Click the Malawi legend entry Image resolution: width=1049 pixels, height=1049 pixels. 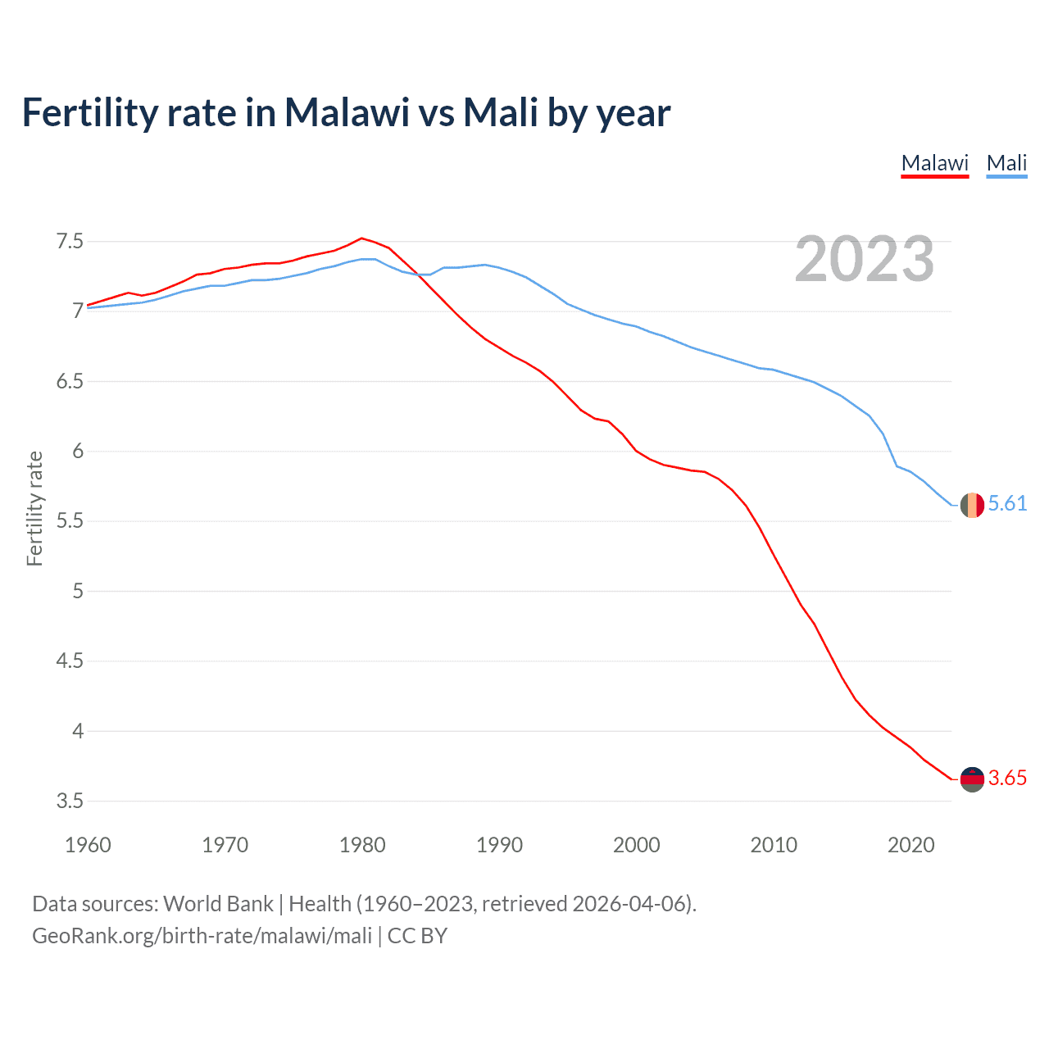(x=934, y=163)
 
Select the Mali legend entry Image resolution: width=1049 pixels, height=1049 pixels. (x=1006, y=163)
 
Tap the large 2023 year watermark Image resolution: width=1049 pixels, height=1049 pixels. (x=865, y=259)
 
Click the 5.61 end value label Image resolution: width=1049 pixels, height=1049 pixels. (x=1007, y=503)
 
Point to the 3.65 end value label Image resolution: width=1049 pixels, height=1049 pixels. (x=1007, y=778)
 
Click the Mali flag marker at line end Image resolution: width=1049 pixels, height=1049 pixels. (x=972, y=505)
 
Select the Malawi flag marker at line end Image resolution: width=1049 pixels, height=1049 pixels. (x=972, y=779)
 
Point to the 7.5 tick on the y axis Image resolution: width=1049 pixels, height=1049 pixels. (x=70, y=241)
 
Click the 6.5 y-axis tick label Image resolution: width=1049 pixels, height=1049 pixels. (x=70, y=381)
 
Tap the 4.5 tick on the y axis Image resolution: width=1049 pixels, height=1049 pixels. (x=70, y=661)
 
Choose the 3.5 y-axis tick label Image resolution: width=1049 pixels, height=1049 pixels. (x=70, y=801)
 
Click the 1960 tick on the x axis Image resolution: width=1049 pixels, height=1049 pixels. (x=88, y=845)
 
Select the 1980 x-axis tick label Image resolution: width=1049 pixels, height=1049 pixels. (x=362, y=845)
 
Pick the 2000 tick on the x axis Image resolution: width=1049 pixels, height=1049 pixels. (x=636, y=845)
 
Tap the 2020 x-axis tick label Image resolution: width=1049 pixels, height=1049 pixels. (x=910, y=845)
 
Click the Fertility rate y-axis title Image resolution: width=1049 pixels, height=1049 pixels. (x=34, y=508)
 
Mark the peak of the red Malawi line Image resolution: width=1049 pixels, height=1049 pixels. (x=361, y=238)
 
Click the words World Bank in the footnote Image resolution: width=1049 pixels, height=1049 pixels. (x=218, y=904)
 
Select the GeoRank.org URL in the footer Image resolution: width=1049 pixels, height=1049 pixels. (x=202, y=936)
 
